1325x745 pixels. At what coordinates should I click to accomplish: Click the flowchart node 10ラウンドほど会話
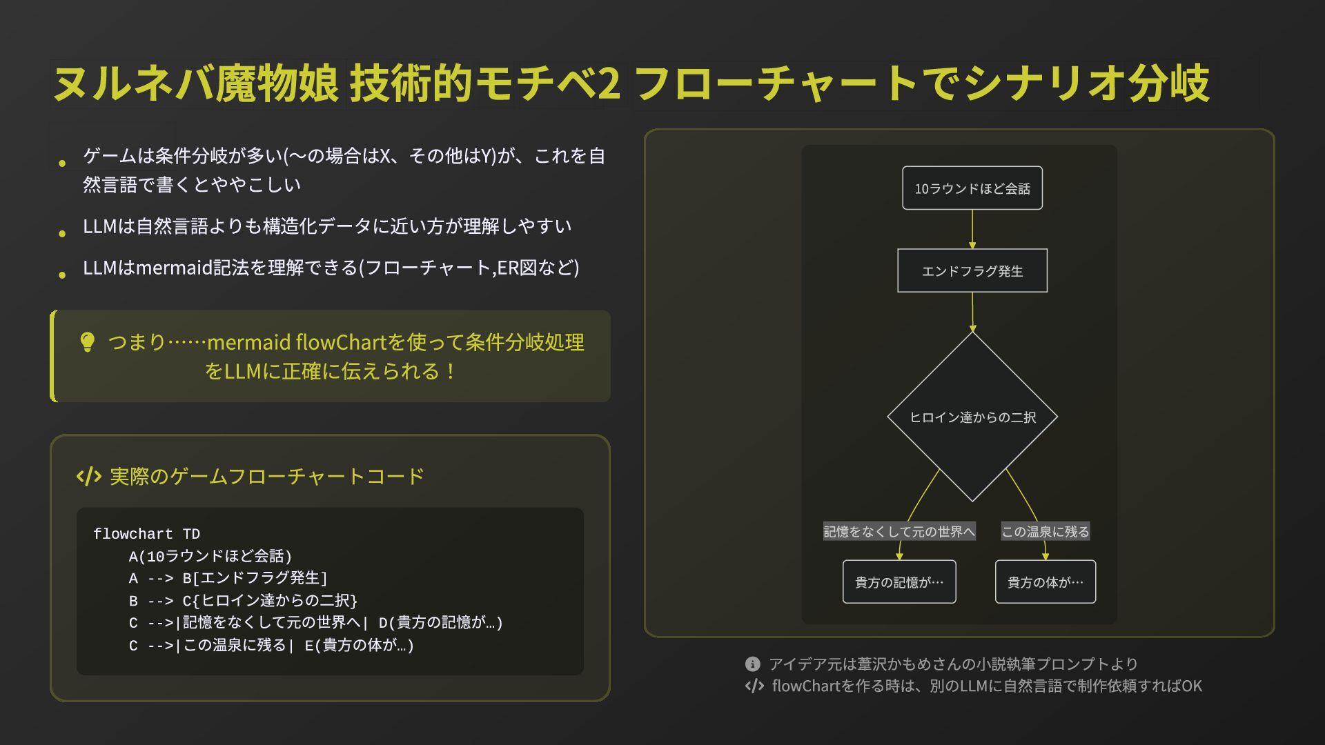[x=972, y=188]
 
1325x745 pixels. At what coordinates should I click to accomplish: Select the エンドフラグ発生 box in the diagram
[x=972, y=271]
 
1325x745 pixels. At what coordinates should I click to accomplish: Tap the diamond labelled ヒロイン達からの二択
[x=972, y=417]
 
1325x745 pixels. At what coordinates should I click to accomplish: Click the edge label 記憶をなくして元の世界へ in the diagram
[x=899, y=532]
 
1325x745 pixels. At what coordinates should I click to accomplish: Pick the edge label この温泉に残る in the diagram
[x=1045, y=532]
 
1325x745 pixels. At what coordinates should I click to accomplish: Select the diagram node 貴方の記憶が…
[x=899, y=582]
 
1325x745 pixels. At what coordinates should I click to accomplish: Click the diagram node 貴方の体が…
[x=1045, y=582]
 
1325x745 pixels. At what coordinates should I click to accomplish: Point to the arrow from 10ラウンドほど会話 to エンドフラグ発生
[x=972, y=229]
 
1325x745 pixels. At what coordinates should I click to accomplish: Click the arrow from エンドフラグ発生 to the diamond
[x=972, y=312]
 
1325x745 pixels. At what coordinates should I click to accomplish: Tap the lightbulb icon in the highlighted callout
[x=88, y=342]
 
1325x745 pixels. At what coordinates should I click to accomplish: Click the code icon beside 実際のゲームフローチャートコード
[x=89, y=476]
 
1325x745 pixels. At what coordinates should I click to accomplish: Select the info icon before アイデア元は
[x=752, y=664]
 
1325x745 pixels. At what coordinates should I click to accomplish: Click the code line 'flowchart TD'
[x=146, y=534]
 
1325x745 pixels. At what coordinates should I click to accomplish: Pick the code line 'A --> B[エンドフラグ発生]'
[x=228, y=578]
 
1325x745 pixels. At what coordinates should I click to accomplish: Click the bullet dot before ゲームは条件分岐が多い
[x=62, y=163]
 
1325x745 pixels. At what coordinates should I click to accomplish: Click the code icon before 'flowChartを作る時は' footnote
[x=754, y=686]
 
